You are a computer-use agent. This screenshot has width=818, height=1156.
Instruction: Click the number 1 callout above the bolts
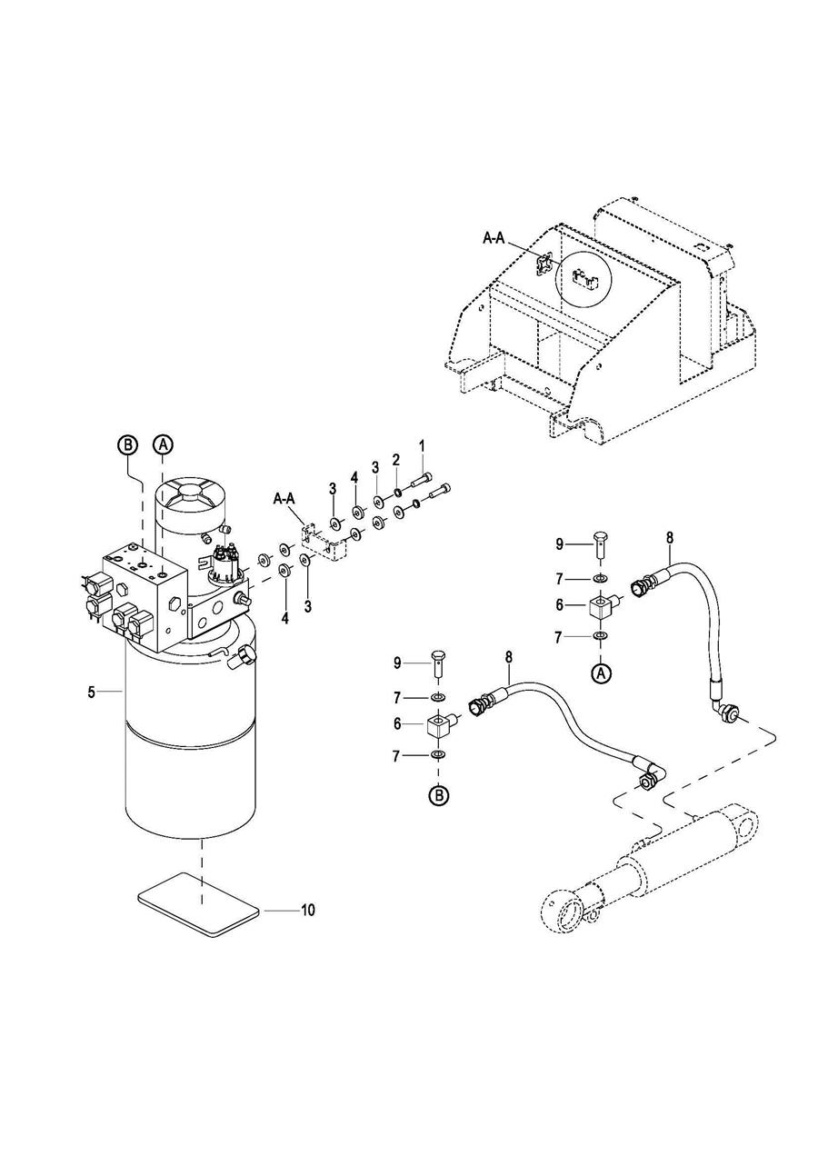pyautogui.click(x=422, y=445)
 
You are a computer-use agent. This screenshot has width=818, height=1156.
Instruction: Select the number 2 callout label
pyautogui.click(x=396, y=461)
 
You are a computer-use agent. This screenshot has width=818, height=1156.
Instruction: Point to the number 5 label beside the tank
pyautogui.click(x=92, y=692)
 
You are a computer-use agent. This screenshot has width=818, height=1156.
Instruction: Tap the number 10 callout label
pyautogui.click(x=307, y=911)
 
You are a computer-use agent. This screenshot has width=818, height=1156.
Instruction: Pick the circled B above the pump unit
pyautogui.click(x=127, y=443)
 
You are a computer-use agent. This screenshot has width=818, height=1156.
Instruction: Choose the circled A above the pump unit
pyautogui.click(x=163, y=443)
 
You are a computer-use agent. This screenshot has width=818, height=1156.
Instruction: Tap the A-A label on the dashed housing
pyautogui.click(x=494, y=238)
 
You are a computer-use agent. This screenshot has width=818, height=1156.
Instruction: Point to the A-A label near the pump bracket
pyautogui.click(x=284, y=499)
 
